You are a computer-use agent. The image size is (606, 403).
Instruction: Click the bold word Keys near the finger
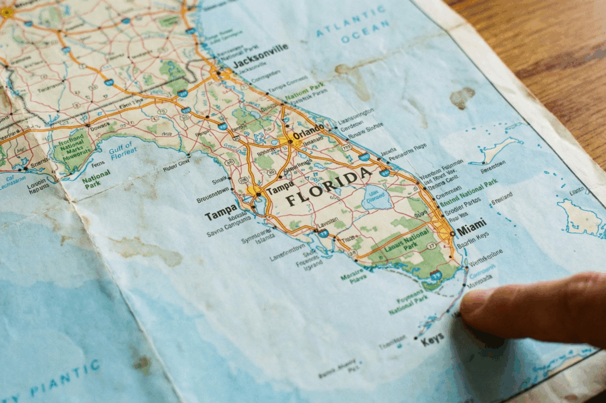coord(432,340)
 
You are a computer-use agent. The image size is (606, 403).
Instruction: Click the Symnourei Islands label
coord(258,235)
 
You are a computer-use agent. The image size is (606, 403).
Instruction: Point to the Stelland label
coord(501,199)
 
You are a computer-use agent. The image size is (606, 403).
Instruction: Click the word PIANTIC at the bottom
coord(65,382)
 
